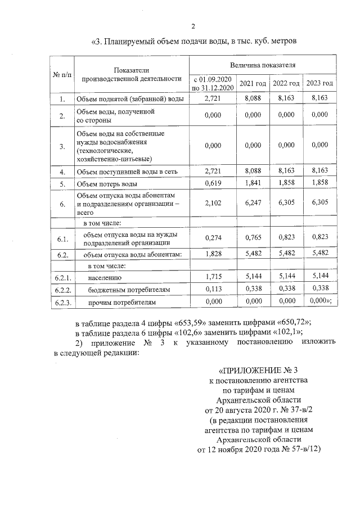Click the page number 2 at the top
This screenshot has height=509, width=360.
(x=193, y=26)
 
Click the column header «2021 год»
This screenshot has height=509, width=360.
(x=253, y=83)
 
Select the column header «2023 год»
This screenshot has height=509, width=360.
(x=319, y=83)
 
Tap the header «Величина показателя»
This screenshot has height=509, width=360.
(x=263, y=65)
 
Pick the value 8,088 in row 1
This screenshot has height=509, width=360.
(x=253, y=99)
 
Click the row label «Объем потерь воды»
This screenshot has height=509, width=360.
(x=106, y=184)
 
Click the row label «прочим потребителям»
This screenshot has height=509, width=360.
(x=121, y=303)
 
